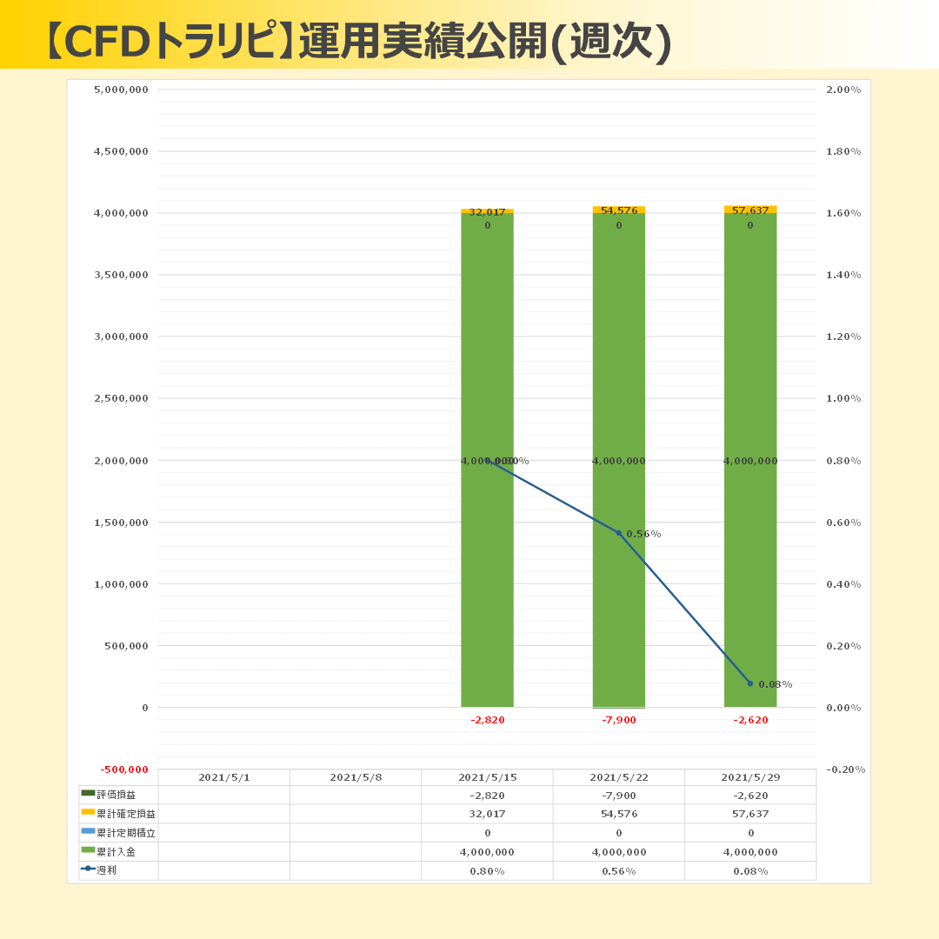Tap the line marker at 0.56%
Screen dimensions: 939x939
pyautogui.click(x=619, y=533)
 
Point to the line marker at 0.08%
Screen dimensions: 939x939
pyautogui.click(x=750, y=683)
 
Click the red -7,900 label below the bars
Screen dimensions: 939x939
pyautogui.click(x=619, y=720)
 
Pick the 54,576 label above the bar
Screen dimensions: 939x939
pyautogui.click(x=619, y=210)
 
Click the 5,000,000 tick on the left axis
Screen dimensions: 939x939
pyautogui.click(x=121, y=90)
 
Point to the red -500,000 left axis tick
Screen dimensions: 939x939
pyautogui.click(x=124, y=769)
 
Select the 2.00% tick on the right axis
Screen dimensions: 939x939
pyautogui.click(x=843, y=90)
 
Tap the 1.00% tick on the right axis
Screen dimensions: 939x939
pyautogui.click(x=843, y=398)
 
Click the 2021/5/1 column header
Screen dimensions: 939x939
pyautogui.click(x=224, y=777)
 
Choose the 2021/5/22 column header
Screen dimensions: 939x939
pyautogui.click(x=619, y=777)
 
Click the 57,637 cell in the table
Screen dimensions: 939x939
pyautogui.click(x=750, y=814)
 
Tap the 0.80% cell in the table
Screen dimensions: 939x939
pyautogui.click(x=487, y=871)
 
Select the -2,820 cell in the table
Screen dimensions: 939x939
pyautogui.click(x=487, y=795)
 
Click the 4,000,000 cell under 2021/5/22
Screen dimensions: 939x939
pyautogui.click(x=619, y=852)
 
